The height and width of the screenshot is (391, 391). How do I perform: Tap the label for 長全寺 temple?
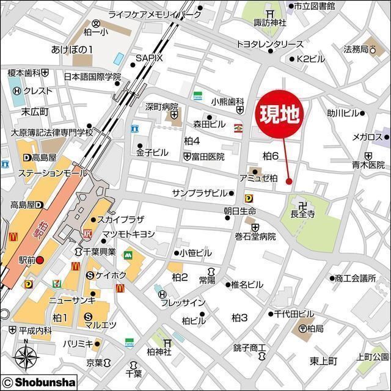(302, 214)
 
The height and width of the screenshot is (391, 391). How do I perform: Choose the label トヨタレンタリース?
(269, 44)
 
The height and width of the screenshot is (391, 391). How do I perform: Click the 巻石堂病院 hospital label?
(254, 236)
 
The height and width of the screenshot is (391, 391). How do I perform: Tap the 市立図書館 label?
(313, 5)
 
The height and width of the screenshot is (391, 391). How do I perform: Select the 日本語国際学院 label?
(92, 77)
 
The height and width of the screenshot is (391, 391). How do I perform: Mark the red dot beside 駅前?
(40, 260)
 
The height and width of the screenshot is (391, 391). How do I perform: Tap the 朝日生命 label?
(239, 210)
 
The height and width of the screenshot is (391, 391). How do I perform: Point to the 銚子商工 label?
(250, 348)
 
